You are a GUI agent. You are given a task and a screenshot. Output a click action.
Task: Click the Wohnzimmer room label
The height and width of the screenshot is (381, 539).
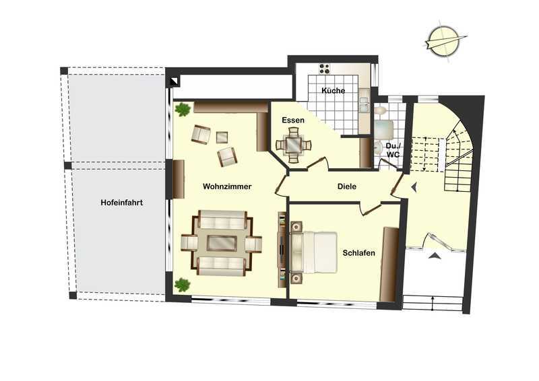click(x=227, y=186)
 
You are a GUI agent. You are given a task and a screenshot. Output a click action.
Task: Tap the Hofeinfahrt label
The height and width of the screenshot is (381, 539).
click(x=122, y=203)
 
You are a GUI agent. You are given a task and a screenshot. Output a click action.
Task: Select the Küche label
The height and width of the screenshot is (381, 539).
click(x=333, y=91)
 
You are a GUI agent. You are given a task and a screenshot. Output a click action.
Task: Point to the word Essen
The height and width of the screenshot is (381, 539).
click(x=293, y=120)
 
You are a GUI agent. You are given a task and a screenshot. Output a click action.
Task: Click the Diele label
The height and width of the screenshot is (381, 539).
click(x=347, y=186)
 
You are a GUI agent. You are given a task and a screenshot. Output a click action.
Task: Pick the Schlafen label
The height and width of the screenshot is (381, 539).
click(x=359, y=253)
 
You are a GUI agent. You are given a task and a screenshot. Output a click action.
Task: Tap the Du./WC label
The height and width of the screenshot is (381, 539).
click(x=393, y=150)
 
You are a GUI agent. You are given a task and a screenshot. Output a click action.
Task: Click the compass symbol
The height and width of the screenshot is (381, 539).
click(x=445, y=42)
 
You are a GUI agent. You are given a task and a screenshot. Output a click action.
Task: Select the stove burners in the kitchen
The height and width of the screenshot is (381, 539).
click(x=324, y=69)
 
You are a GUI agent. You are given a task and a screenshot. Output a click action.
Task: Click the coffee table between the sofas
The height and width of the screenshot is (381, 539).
click(x=222, y=243)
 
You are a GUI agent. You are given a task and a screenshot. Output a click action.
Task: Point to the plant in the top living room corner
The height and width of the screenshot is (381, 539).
click(x=183, y=110)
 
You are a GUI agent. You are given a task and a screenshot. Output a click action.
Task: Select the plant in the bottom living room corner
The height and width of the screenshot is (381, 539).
click(x=182, y=285)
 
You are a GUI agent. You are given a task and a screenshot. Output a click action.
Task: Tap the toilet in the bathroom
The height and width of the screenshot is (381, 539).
click(x=380, y=110)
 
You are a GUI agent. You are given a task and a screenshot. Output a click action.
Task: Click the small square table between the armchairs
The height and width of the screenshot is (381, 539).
click(x=222, y=137)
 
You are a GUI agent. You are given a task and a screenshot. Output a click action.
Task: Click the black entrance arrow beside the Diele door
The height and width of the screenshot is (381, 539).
click(x=415, y=187)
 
